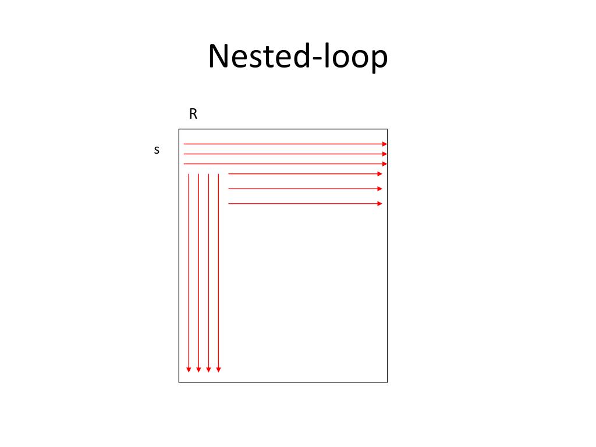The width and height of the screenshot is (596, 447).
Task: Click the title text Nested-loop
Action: click(297, 58)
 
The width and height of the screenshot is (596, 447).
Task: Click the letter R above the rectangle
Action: click(193, 114)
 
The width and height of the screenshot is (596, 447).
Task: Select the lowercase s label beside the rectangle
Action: click(156, 150)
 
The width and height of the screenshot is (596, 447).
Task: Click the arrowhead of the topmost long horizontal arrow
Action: click(385, 144)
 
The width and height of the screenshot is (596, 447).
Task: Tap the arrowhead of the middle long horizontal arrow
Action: click(385, 154)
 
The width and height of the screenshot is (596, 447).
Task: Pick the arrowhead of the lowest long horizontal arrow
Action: click(385, 164)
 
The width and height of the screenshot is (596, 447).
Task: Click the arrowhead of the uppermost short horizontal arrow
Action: click(380, 173)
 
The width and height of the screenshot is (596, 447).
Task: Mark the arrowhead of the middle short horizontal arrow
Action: click(380, 189)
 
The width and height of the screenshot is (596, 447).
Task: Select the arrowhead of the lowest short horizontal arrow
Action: click(380, 204)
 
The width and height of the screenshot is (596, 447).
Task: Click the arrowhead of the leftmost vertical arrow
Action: click(189, 369)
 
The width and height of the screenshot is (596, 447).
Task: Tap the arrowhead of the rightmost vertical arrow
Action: click(218, 369)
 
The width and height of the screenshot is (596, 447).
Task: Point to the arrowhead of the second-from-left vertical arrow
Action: click(198, 369)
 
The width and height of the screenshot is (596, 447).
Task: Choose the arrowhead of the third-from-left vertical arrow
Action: click(208, 369)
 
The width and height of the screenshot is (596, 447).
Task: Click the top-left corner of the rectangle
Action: click(179, 129)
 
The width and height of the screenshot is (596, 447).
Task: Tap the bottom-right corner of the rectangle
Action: click(387, 382)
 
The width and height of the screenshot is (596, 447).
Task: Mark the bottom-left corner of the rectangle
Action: click(179, 382)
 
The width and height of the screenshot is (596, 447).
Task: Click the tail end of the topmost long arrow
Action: click(184, 144)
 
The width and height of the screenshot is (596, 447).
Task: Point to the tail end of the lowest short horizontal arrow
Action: click(229, 204)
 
